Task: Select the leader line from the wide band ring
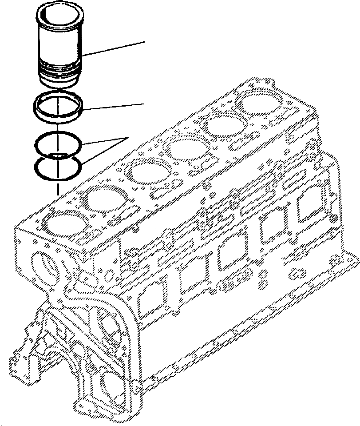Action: (x=115, y=106)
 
